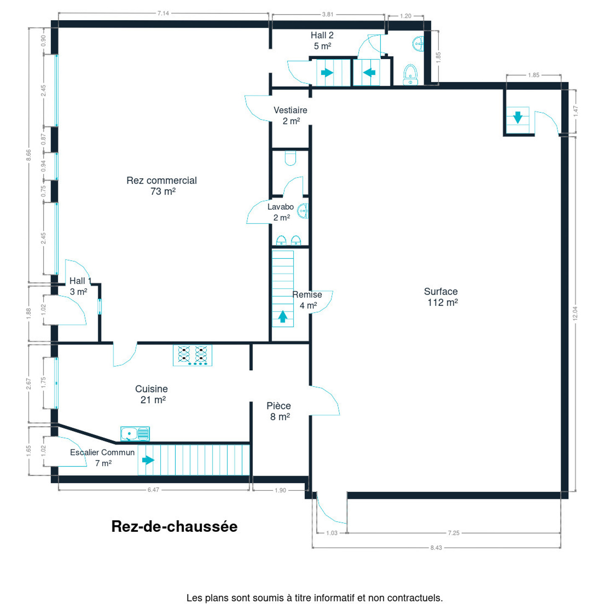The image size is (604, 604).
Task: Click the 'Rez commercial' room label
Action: click(x=161, y=180)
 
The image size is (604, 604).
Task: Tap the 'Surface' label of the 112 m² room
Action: click(x=441, y=292)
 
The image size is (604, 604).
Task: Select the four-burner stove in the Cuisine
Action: click(x=193, y=355)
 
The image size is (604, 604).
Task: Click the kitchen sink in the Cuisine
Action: click(x=135, y=434)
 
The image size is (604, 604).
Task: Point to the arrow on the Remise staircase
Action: click(x=283, y=317)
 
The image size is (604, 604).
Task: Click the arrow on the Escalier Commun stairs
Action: click(x=148, y=460)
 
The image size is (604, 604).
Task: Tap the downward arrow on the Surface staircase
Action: click(x=518, y=117)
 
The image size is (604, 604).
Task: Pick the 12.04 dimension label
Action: click(x=575, y=313)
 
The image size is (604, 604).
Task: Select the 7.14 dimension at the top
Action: click(x=163, y=13)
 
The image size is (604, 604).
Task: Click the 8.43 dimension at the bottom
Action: click(x=436, y=547)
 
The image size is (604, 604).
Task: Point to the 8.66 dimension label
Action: click(x=29, y=155)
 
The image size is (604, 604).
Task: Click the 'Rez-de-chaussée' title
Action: click(x=174, y=526)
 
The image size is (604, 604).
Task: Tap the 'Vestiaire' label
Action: click(x=290, y=110)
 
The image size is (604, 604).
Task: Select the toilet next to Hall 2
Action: click(x=410, y=75)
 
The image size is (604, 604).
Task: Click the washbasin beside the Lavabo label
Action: click(x=303, y=211)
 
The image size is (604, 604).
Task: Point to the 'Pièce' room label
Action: click(x=279, y=406)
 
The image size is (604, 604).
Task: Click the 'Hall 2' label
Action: click(x=322, y=35)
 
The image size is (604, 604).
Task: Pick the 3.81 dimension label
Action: click(x=328, y=14)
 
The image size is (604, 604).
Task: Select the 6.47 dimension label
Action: click(x=153, y=490)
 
